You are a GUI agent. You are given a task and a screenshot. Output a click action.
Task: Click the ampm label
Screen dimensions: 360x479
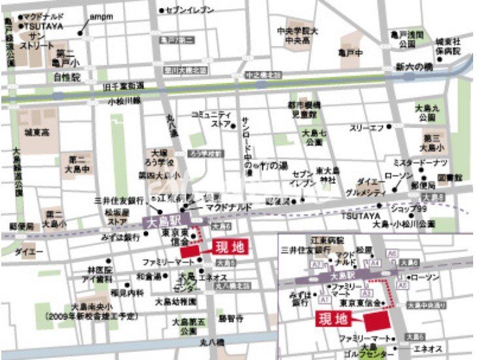[x=101, y=16]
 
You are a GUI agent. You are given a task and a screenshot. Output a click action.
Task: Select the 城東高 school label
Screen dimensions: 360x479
[x=37, y=132]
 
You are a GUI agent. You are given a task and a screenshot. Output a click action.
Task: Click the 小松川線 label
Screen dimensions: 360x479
[x=124, y=101]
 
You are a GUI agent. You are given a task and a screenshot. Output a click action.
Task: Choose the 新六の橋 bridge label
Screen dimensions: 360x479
[x=414, y=67]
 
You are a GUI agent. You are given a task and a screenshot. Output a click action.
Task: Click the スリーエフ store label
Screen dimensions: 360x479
[x=366, y=128]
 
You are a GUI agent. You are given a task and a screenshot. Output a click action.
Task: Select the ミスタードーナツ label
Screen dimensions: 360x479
[x=420, y=162]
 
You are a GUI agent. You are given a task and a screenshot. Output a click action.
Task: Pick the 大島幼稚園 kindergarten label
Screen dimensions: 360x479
[x=175, y=302]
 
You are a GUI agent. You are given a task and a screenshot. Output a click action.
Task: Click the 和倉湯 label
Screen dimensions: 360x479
[x=148, y=276]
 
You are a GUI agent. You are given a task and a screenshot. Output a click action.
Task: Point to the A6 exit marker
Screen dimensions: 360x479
[x=392, y=253]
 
